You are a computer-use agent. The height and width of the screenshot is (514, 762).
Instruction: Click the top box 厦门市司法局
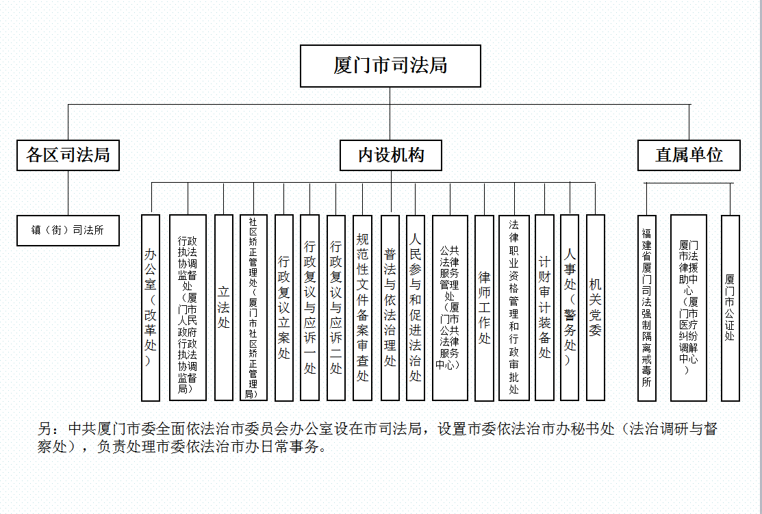tap(390, 66)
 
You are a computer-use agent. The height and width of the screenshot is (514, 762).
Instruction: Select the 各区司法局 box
tap(68, 155)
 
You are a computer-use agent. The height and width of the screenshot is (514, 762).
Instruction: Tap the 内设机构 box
tap(391, 155)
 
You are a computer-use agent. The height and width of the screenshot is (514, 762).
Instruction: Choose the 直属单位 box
tap(689, 155)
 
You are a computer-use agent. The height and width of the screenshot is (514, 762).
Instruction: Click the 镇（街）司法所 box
tap(68, 230)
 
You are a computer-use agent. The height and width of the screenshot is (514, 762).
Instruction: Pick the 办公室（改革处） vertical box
tap(151, 308)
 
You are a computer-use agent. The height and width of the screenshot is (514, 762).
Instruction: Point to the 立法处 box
tap(224, 308)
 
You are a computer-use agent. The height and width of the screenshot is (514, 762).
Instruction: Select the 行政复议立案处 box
tap(284, 308)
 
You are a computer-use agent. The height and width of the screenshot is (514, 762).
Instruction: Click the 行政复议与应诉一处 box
tap(309, 308)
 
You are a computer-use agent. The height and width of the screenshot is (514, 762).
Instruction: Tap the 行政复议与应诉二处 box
tap(335, 308)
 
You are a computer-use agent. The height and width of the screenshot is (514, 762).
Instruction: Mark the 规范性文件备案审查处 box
tap(363, 308)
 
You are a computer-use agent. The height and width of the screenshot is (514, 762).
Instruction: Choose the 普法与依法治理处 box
tap(390, 308)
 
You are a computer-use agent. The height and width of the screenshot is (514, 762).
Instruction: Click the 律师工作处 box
tap(484, 308)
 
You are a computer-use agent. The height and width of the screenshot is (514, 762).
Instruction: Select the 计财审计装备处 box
tap(544, 308)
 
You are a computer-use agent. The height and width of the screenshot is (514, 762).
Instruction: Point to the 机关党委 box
tap(596, 308)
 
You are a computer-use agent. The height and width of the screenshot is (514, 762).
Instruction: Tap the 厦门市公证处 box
tap(730, 308)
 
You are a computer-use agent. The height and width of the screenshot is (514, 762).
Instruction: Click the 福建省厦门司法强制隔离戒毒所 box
tap(647, 308)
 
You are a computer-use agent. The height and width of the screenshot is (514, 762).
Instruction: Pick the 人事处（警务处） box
tap(570, 308)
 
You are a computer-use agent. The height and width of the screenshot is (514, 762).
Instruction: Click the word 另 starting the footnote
tap(45, 429)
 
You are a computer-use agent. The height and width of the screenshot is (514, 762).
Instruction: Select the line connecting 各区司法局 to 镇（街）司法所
tap(68, 193)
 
